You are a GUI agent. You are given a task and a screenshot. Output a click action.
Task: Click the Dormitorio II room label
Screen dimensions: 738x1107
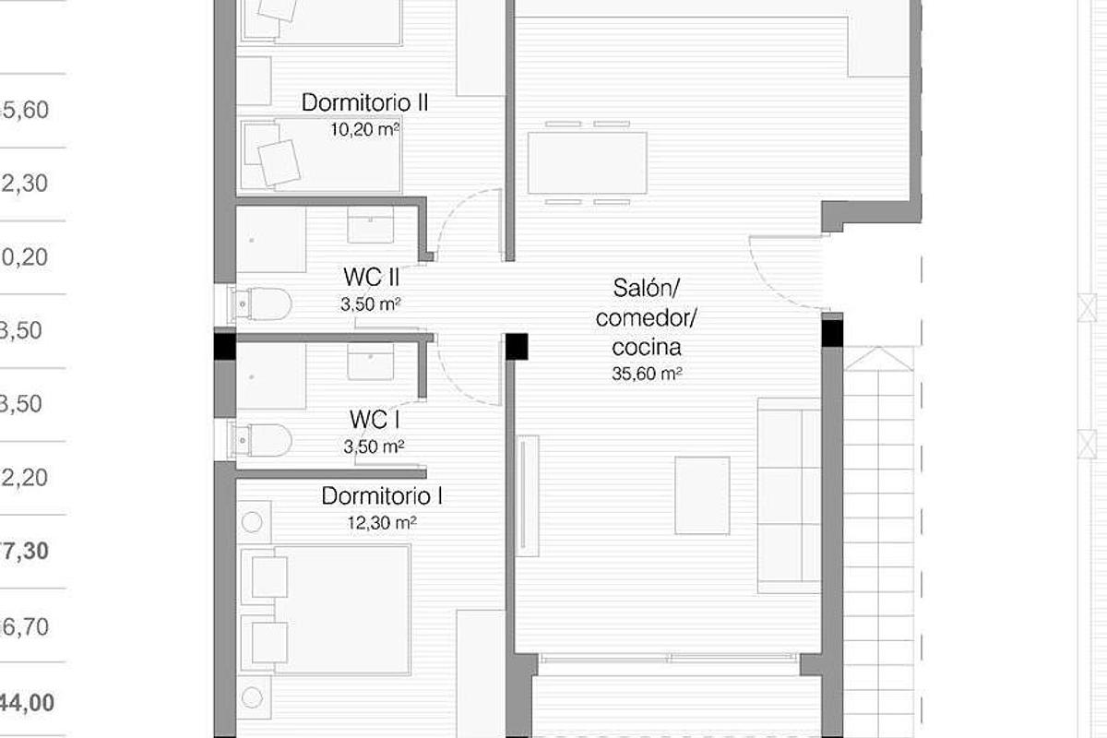point(364,101)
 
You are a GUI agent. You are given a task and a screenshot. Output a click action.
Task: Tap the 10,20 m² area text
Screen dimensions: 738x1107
point(364,130)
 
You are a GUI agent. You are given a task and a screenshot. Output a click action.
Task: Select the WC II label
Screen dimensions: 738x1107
point(371,276)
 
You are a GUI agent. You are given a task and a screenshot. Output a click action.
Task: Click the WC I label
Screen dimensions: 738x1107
point(374,421)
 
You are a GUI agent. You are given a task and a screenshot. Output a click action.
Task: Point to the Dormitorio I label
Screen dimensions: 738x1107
point(382,496)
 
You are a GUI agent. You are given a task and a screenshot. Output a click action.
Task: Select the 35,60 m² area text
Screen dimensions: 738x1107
point(647,375)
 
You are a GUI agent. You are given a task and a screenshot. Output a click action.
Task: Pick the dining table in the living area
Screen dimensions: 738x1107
point(588,162)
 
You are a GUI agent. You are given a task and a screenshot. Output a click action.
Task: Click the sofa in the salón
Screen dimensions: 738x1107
point(789,494)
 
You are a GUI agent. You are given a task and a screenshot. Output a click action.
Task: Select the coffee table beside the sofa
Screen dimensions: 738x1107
point(702,495)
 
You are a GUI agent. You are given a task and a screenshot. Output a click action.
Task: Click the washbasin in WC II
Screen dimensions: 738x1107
point(371,225)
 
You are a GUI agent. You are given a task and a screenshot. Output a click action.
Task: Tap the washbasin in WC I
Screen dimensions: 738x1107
point(371,362)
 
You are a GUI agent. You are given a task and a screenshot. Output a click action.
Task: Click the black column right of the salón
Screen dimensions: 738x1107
point(832,330)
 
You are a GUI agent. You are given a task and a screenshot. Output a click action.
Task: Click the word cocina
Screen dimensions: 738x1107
point(647,348)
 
